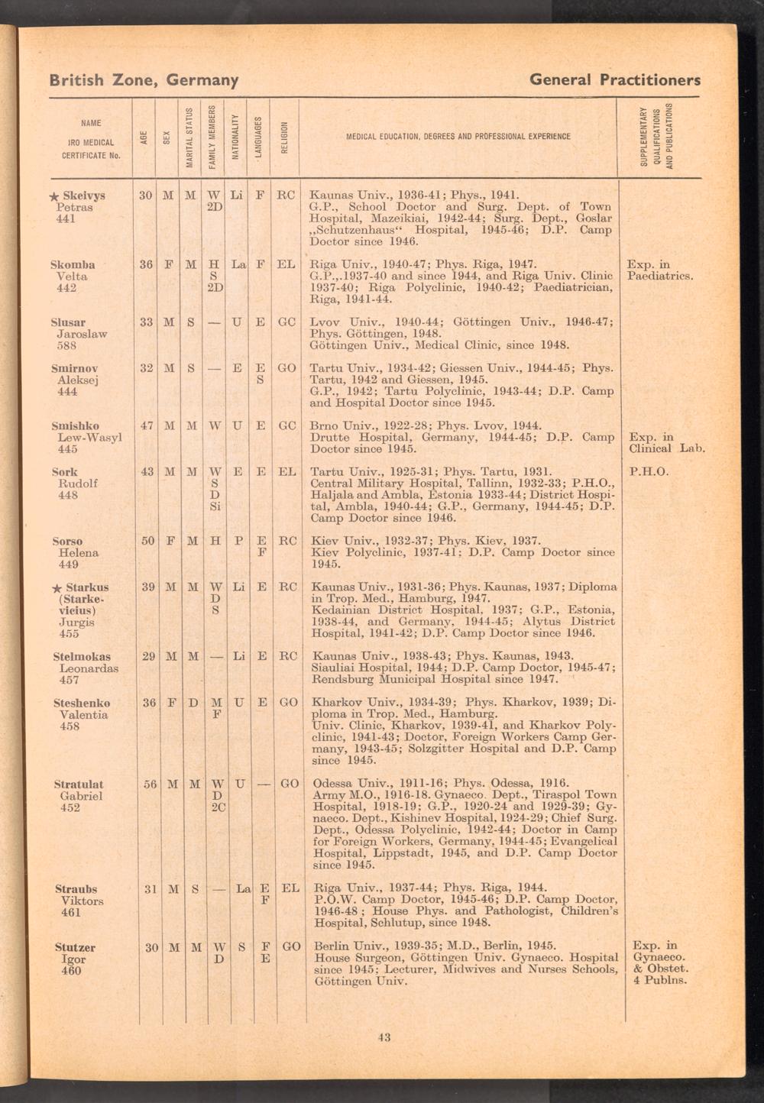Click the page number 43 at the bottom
coord(384,1037)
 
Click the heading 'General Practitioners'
coord(614,79)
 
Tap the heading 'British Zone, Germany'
coord(144,79)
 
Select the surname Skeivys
coord(83,195)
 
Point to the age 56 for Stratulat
coord(148,784)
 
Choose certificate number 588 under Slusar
coord(67,345)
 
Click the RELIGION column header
coord(285,137)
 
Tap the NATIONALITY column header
coord(238,137)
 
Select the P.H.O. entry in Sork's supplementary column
coord(649,472)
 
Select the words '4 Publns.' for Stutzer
coord(659,980)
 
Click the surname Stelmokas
coord(82,656)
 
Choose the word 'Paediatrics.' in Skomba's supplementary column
coord(659,276)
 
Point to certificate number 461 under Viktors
coord(70,912)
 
